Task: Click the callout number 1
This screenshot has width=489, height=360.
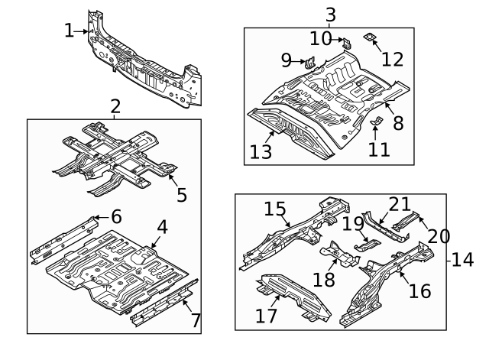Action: tap(70, 31)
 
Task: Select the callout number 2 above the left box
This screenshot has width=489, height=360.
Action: tap(115, 106)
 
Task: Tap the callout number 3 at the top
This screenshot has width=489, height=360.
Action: tap(329, 14)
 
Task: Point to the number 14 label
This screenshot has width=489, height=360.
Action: tap(461, 260)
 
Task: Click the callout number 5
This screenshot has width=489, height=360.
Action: tap(182, 195)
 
